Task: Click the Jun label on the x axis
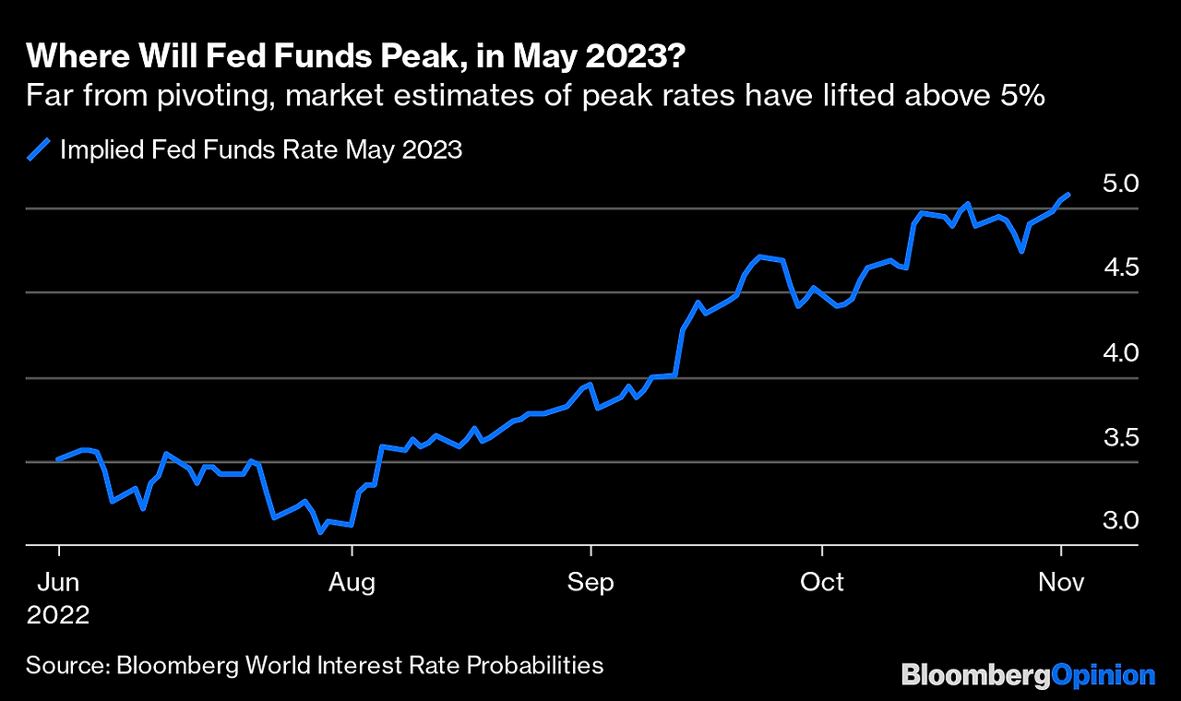point(58,582)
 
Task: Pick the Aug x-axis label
point(352,582)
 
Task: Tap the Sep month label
point(590,582)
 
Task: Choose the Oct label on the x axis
point(821,582)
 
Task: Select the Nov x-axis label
point(1061,582)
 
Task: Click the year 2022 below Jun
point(58,615)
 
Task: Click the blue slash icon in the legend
point(38,149)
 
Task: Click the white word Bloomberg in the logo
point(976,675)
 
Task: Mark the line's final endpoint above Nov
point(1068,195)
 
